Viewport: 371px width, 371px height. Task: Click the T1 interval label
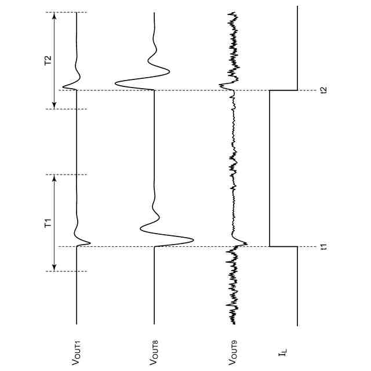tap(49, 223)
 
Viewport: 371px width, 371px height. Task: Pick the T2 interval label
tap(49, 60)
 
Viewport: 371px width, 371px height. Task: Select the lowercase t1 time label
tap(324, 246)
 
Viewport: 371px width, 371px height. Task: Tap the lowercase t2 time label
tap(324, 90)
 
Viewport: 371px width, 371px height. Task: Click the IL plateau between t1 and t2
tap(270, 168)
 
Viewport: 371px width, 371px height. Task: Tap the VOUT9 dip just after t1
tap(248, 243)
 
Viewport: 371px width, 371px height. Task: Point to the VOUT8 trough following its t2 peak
tap(169, 71)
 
